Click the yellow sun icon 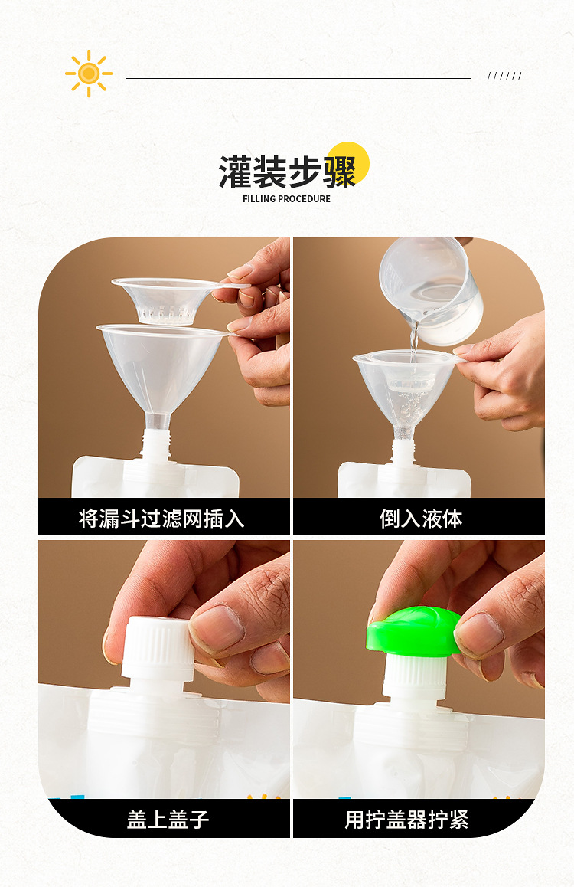(x=89, y=74)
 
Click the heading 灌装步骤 (x=287, y=172)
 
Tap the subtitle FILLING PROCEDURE (x=286, y=199)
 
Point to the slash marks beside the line (x=504, y=76)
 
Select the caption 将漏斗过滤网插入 (x=161, y=519)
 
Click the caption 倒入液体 (x=421, y=519)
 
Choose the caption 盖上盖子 (x=168, y=820)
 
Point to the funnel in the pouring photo (x=406, y=391)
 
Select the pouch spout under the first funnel (x=155, y=448)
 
